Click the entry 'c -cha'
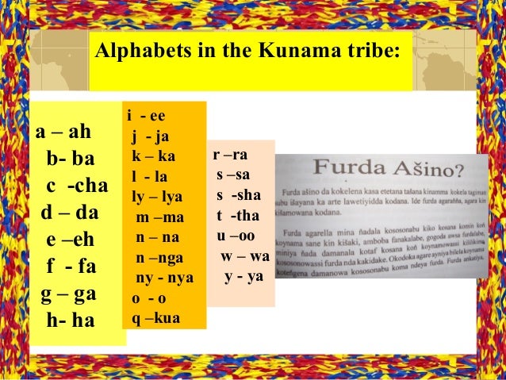76,186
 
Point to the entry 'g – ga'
69,294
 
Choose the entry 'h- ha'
70,321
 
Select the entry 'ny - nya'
164,278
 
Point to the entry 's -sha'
239,195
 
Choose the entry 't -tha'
237,216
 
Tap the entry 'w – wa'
245,256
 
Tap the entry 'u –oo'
236,236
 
